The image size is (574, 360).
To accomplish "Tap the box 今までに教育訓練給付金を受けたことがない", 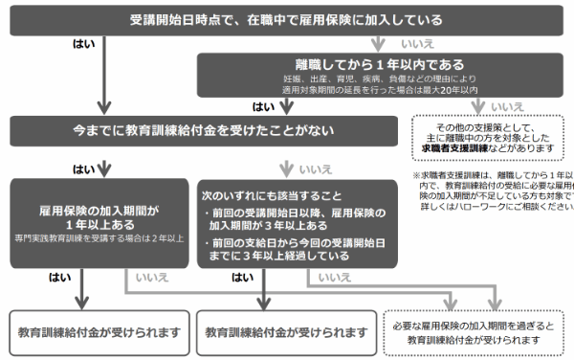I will click(205, 130).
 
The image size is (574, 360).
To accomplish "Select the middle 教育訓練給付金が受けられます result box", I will click(286, 330).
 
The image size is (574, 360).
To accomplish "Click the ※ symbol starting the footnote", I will click(417, 176).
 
